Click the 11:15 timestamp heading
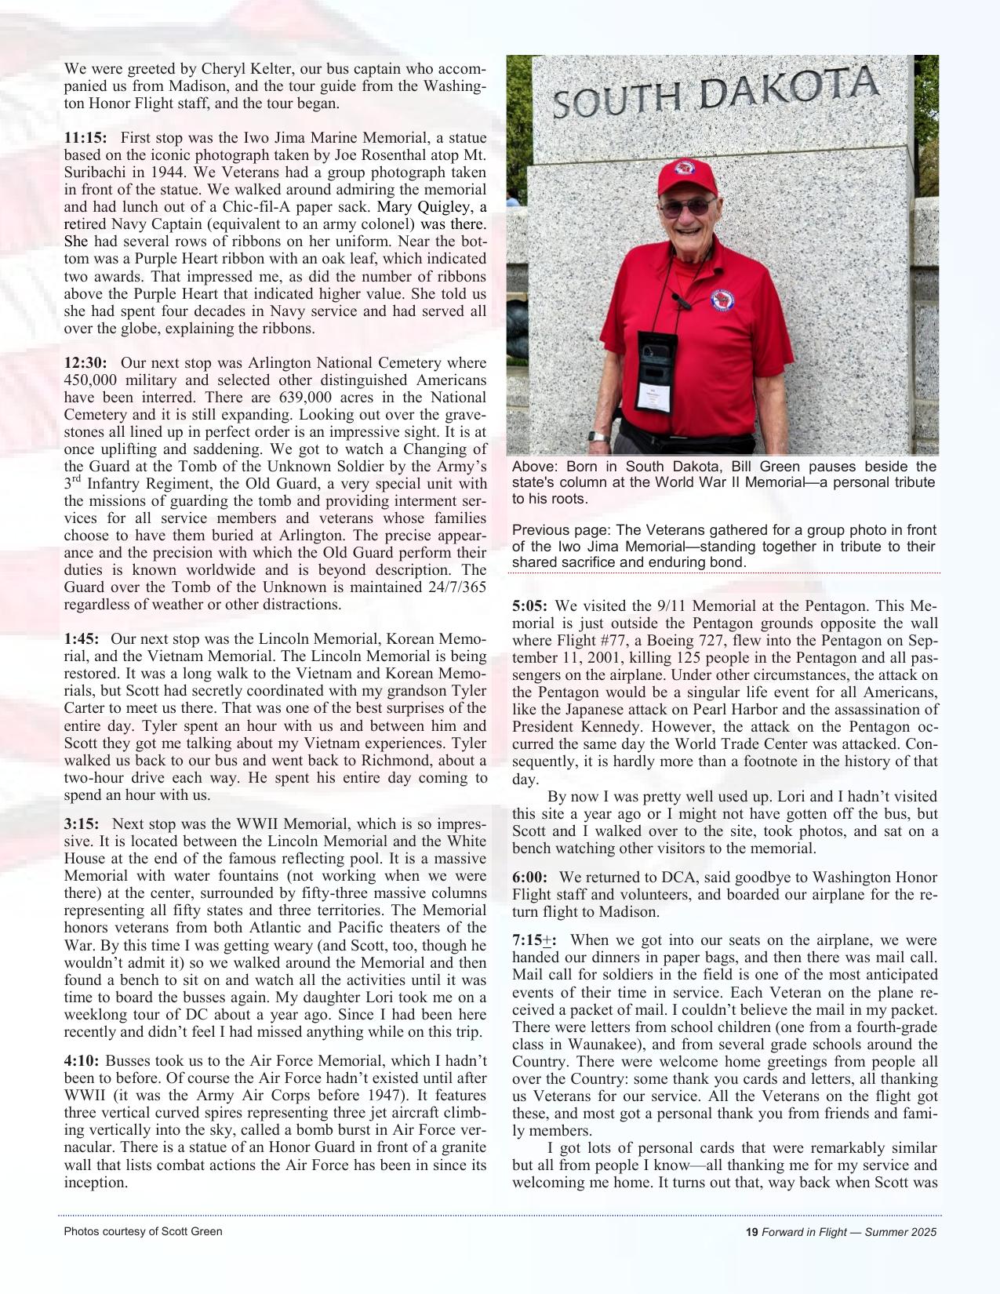click(85, 138)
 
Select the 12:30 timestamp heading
click(85, 363)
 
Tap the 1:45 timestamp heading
click(82, 639)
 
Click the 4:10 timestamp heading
click(82, 1061)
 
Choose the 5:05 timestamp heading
click(530, 606)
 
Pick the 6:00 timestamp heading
click(530, 878)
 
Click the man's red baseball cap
click(686, 176)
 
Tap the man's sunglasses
click(687, 208)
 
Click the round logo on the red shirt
click(722, 300)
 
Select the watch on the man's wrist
click(598, 438)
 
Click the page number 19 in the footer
click(751, 1232)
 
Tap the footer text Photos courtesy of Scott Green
click(143, 1231)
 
